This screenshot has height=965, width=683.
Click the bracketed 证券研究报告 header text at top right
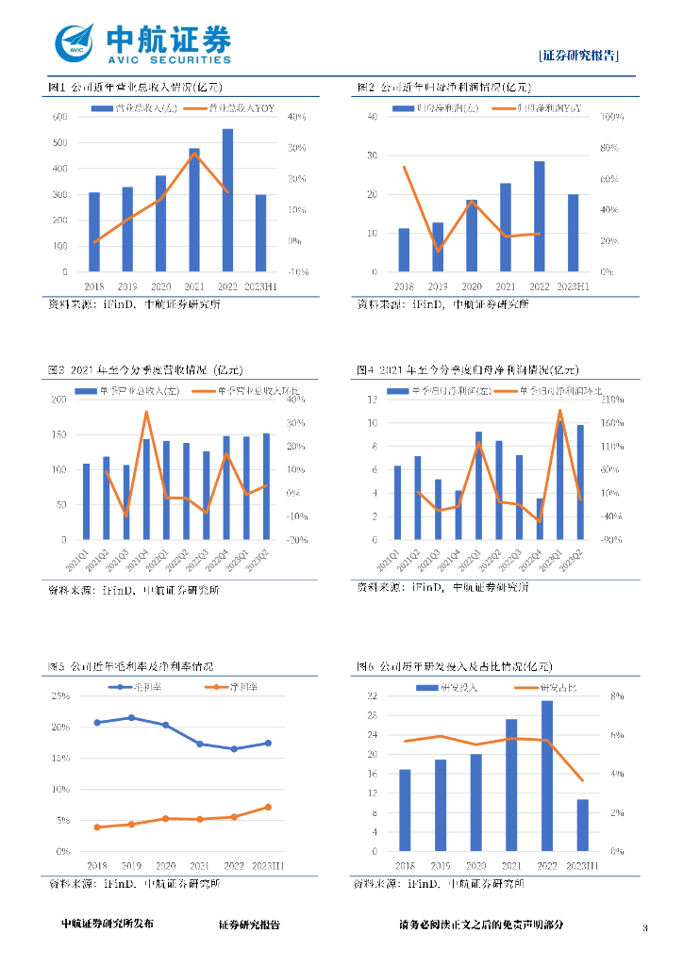(579, 55)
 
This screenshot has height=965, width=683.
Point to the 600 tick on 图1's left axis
(59, 117)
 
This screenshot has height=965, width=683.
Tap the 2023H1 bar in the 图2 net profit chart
(573, 233)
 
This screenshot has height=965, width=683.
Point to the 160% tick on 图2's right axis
(609, 117)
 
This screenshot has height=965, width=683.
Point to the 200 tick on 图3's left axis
(59, 400)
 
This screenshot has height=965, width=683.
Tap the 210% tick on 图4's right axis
(605, 400)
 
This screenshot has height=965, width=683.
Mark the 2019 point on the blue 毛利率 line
(131, 717)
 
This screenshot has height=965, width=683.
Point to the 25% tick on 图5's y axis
(60, 696)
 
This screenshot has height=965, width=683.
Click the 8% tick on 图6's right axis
(615, 696)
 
